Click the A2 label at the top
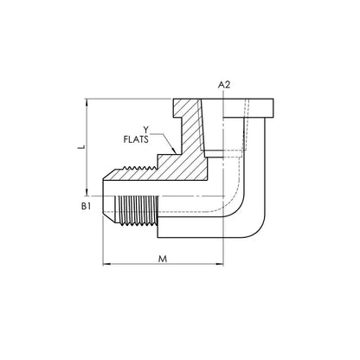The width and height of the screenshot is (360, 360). tap(224, 85)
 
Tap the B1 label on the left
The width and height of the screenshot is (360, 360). tap(86, 206)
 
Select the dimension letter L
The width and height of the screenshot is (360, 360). tap(82, 147)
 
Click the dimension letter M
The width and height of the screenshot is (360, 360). tap(163, 259)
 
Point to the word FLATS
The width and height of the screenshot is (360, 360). tap(136, 139)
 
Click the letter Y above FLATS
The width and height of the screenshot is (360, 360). tap(146, 129)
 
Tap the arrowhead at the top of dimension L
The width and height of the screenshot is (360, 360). tap(87, 102)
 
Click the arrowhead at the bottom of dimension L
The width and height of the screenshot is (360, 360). tap(87, 192)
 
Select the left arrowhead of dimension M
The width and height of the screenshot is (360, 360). tap(106, 264)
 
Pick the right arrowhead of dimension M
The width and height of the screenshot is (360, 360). tap(220, 264)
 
